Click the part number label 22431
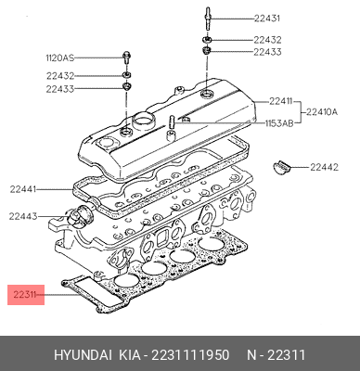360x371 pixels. coord(267,19)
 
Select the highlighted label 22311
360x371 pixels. coord(25,295)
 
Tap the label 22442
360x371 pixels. coord(324,167)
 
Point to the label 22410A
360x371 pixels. coord(322,112)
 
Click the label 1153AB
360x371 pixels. coord(279,123)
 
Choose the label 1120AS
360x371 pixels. coord(60,58)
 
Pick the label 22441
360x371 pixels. coord(23,189)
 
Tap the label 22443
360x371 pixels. coord(23,216)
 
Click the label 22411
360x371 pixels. coord(280,101)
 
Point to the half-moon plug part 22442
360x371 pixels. coord(281,166)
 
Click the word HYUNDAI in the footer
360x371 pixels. coord(83,355)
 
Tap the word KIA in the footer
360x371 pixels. coord(130,355)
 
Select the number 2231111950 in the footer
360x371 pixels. coord(190,355)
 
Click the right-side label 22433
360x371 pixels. coord(267,52)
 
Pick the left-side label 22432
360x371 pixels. coord(60,76)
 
